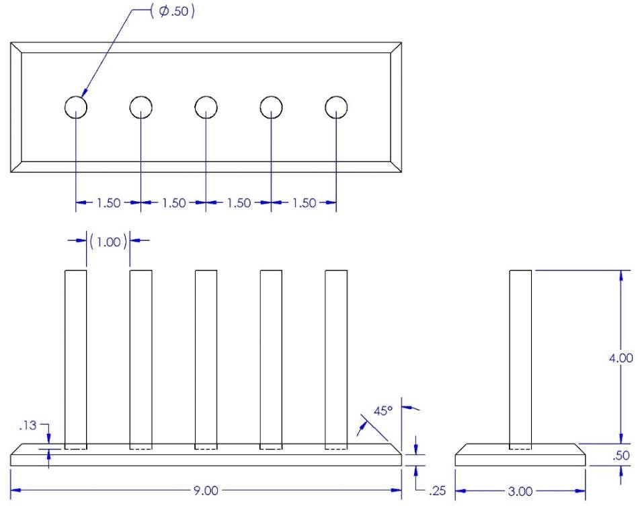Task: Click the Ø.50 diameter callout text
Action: [x=173, y=11]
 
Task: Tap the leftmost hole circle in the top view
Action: [x=76, y=97]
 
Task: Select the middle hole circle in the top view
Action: [x=206, y=97]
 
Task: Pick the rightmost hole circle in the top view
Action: [x=336, y=97]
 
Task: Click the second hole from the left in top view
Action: [x=141, y=97]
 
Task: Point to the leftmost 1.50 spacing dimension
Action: [x=109, y=203]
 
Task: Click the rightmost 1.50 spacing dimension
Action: [x=304, y=203]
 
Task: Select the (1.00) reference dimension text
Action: [x=108, y=242]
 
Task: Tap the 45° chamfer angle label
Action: [x=383, y=411]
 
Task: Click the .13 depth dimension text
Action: [x=28, y=425]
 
